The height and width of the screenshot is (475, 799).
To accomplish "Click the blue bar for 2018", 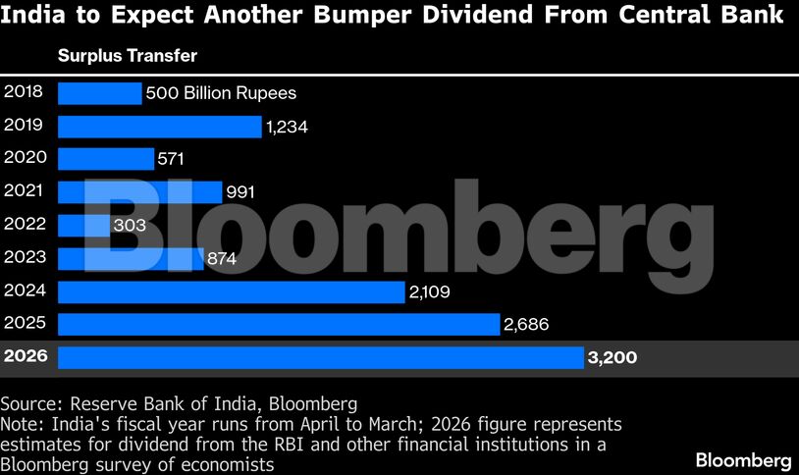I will pyautogui.click(x=100, y=93).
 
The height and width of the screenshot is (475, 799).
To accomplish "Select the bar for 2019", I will pyautogui.click(x=160, y=127).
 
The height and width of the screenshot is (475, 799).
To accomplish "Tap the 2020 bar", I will pyautogui.click(x=106, y=159).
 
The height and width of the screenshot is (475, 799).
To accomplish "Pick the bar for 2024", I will pyautogui.click(x=232, y=291).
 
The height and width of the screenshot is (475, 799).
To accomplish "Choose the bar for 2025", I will pyautogui.click(x=279, y=324).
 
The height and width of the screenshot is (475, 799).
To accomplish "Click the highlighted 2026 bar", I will pyautogui.click(x=321, y=357).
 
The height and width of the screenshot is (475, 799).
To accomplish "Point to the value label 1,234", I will pyautogui.click(x=288, y=127).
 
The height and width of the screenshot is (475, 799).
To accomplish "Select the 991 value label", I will pyautogui.click(x=240, y=192).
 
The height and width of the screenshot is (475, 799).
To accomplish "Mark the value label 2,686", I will pyautogui.click(x=525, y=324).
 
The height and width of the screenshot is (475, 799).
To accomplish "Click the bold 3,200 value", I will pyautogui.click(x=612, y=357).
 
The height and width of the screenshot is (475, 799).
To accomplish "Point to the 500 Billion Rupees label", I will pyautogui.click(x=221, y=93).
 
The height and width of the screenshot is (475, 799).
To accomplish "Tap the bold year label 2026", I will pyautogui.click(x=26, y=356).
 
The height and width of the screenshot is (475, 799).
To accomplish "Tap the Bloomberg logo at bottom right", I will pyautogui.click(x=743, y=459).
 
